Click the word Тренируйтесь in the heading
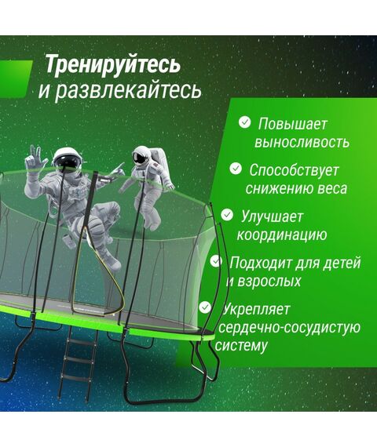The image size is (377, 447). click(x=112, y=63)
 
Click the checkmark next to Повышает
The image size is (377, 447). click(x=245, y=122)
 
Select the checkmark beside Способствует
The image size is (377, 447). click(x=236, y=168)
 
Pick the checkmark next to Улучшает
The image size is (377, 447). click(x=227, y=213)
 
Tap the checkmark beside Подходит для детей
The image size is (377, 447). click(x=216, y=260)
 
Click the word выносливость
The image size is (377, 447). click(x=302, y=143)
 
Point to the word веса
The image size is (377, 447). click(x=331, y=188)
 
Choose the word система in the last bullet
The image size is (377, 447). click(x=245, y=345)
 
